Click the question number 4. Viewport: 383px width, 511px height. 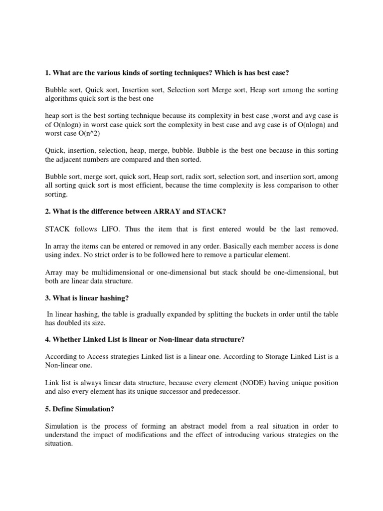tap(47, 340)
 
